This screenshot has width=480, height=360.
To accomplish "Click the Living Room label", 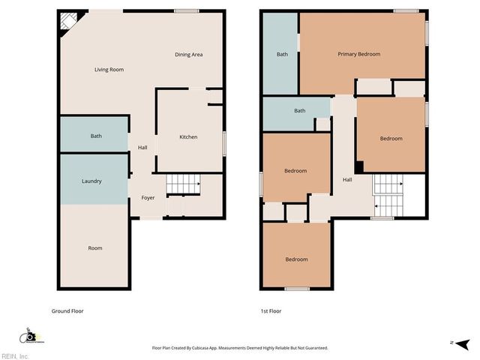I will pyautogui.click(x=109, y=70).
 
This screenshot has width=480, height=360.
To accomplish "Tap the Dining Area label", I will pyautogui.click(x=188, y=55).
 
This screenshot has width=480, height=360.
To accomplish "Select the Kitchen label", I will pyautogui.click(x=188, y=137).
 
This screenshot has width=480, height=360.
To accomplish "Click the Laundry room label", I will pyautogui.click(x=91, y=181).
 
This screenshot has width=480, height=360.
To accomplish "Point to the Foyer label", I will pyautogui.click(x=147, y=198).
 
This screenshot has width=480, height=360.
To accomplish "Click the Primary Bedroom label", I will pyautogui.click(x=358, y=54).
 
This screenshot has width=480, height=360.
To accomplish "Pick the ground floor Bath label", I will pyautogui.click(x=96, y=136).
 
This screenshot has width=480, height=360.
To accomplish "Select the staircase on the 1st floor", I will pyautogui.click(x=388, y=194).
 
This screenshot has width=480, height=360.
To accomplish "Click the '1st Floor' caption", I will pyautogui.click(x=271, y=310).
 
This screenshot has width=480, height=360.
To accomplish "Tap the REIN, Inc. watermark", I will pyautogui.click(x=14, y=355).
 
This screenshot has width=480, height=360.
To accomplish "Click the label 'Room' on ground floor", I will pyautogui.click(x=94, y=248).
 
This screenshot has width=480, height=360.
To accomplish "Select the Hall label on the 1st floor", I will pyautogui.click(x=347, y=179).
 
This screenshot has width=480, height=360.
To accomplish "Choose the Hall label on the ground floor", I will pyautogui.click(x=142, y=148).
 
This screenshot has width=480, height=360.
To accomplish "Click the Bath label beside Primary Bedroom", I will pyautogui.click(x=282, y=54).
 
